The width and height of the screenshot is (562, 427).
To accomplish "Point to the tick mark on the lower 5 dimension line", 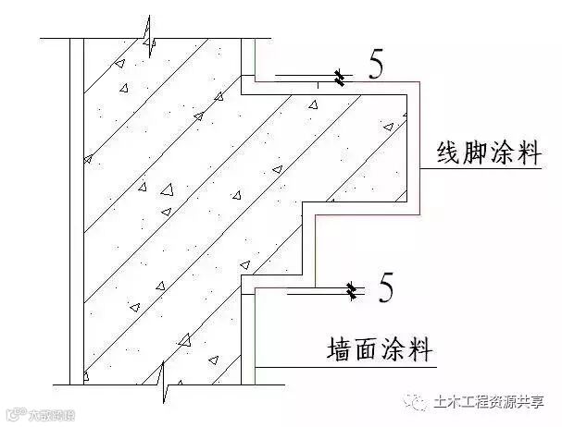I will click(x=353, y=294).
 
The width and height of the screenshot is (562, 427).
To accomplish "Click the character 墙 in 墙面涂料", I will click(x=342, y=352).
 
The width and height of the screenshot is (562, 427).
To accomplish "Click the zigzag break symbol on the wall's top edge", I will click(x=148, y=34).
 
